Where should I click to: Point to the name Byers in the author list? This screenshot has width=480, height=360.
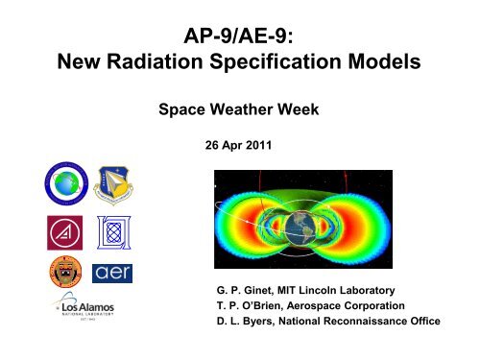point(265,320)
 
